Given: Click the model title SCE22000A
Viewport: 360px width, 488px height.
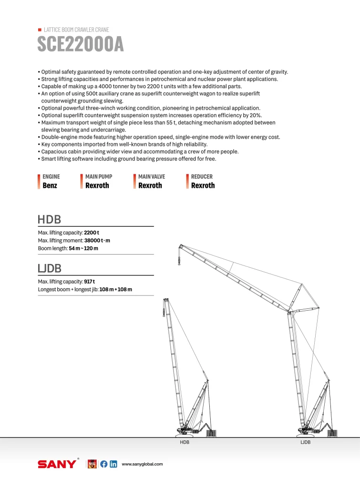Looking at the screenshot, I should pyautogui.click(x=81, y=44).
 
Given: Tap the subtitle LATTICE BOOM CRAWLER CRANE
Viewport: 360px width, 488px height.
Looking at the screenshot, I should pyautogui.click(x=76, y=30).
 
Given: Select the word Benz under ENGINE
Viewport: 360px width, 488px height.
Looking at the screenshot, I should pyautogui.click(x=50, y=185).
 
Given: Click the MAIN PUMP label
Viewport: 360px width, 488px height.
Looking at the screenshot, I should pyautogui.click(x=99, y=176).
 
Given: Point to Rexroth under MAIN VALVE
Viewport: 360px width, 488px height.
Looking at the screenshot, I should pyautogui.click(x=150, y=185).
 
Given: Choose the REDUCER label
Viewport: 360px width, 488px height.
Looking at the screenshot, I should pyautogui.click(x=202, y=176).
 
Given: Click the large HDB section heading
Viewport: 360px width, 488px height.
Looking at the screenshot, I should pyautogui.click(x=49, y=220).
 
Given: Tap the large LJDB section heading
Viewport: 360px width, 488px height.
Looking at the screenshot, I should pyautogui.click(x=50, y=269).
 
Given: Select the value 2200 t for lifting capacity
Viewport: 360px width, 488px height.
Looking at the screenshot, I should pyautogui.click(x=92, y=233).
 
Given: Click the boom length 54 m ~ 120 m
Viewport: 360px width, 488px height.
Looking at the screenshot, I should pyautogui.click(x=83, y=248).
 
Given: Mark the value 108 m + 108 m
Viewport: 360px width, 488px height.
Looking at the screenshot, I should pyautogui.click(x=115, y=289).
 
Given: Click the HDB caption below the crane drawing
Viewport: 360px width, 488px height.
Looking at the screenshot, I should pyautogui.click(x=185, y=442).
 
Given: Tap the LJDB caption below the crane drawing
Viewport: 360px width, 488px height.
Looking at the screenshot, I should pyautogui.click(x=305, y=442).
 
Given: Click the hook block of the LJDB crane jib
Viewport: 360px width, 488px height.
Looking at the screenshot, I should pyautogui.click(x=179, y=260).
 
